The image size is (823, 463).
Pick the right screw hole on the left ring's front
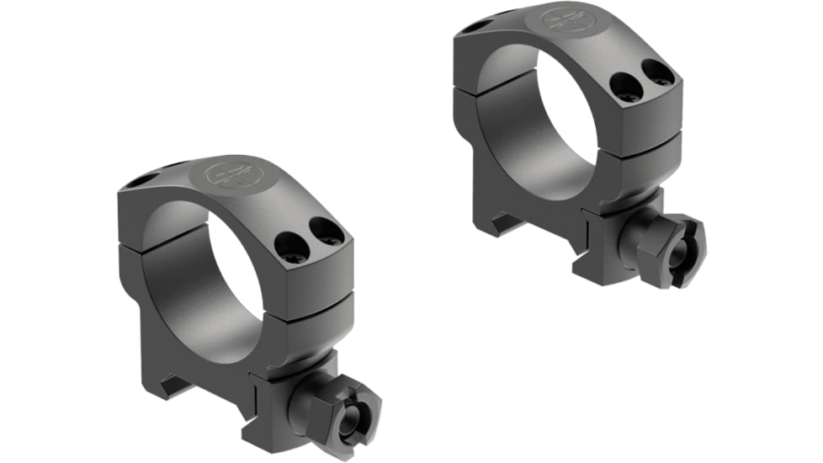327,229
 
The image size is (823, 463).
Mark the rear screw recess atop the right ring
474,25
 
